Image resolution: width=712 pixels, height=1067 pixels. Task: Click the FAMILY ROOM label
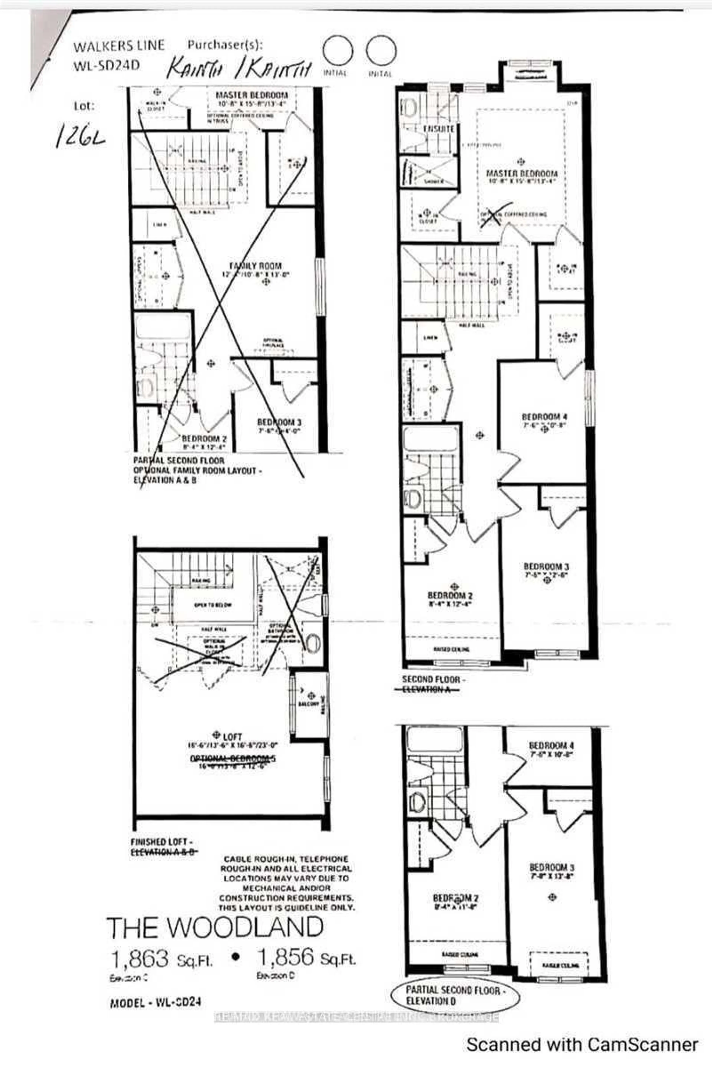pyautogui.click(x=255, y=266)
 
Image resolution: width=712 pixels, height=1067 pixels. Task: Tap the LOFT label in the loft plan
pyautogui.click(x=233, y=736)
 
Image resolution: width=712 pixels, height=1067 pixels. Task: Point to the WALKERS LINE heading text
pyautogui.click(x=119, y=45)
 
